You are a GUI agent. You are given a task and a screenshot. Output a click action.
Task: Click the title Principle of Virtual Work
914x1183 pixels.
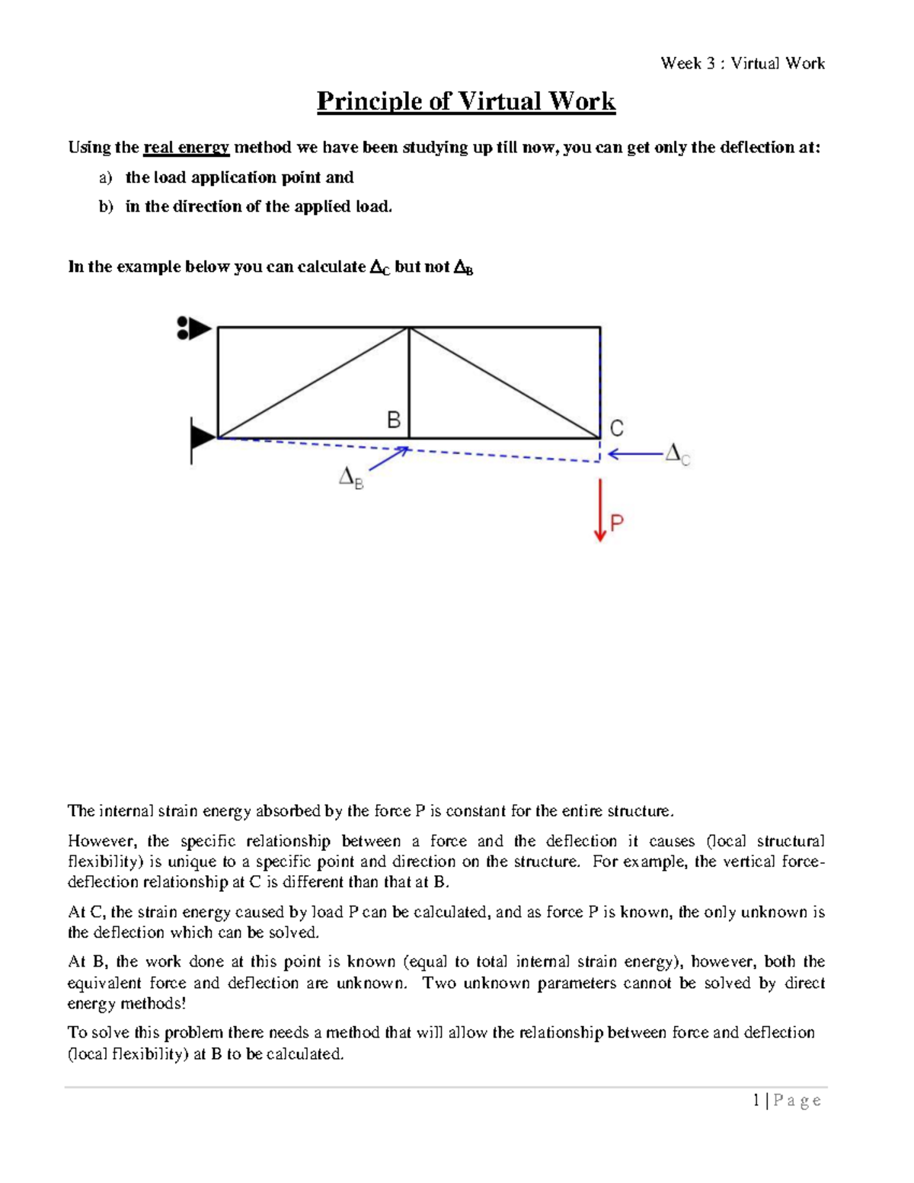465,101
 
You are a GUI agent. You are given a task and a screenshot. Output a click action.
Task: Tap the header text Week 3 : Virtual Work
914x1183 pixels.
742,63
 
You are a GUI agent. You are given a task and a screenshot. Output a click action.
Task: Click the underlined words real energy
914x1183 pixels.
186,147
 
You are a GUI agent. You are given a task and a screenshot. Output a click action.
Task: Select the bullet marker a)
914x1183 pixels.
105,177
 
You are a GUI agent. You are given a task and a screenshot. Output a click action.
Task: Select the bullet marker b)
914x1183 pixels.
105,206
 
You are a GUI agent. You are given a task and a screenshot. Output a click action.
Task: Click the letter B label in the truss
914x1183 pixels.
394,420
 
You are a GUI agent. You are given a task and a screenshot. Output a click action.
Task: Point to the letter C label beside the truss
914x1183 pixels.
616,428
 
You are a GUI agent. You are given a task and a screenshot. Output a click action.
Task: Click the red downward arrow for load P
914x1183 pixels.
600,510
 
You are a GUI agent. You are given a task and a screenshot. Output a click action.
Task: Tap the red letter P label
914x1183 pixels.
618,523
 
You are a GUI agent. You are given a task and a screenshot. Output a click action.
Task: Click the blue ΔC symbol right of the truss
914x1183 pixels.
677,454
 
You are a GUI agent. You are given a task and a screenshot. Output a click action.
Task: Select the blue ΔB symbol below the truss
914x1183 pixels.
351,478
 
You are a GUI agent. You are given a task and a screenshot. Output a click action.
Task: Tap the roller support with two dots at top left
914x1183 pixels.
193,328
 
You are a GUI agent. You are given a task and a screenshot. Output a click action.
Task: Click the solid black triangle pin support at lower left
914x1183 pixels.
202,438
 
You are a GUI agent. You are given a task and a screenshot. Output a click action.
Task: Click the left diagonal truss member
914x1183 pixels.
313,383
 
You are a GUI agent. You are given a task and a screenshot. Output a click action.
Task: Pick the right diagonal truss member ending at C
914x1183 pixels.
504,382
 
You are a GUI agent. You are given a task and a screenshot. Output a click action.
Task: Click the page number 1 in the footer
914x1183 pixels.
756,1100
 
